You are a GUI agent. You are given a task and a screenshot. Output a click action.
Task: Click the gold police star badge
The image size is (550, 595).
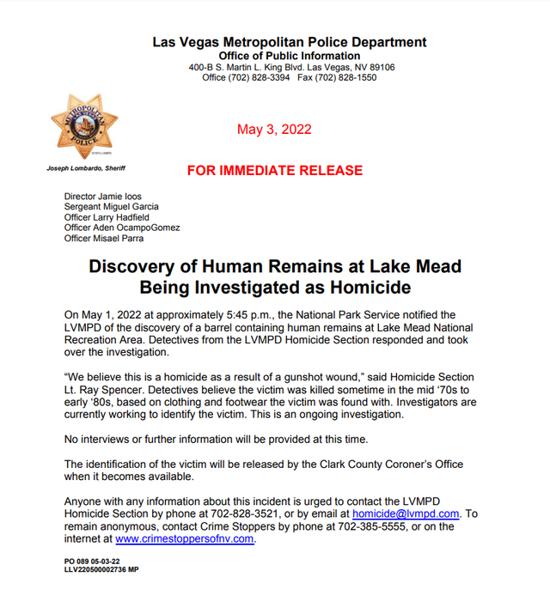(x=83, y=127)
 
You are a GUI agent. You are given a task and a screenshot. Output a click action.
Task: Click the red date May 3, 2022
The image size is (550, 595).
(x=274, y=131)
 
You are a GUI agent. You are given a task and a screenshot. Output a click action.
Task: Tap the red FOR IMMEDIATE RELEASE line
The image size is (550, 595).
(x=274, y=171)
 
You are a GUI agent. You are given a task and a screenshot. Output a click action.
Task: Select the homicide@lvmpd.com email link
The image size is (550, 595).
(x=406, y=513)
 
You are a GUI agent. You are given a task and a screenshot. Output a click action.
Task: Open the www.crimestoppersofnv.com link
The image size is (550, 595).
(x=185, y=539)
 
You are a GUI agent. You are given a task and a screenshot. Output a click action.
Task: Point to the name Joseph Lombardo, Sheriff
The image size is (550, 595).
(x=86, y=169)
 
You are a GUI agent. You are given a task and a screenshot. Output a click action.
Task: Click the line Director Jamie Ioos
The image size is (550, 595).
(x=104, y=197)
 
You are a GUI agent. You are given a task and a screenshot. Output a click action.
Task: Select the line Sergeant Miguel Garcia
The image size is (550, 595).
(x=112, y=207)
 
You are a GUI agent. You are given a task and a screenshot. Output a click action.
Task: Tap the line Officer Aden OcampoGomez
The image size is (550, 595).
(x=122, y=228)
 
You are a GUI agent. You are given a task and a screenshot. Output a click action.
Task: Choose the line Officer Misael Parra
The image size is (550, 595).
(x=105, y=238)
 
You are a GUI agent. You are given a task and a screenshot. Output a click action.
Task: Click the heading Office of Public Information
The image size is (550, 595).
(x=290, y=56)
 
